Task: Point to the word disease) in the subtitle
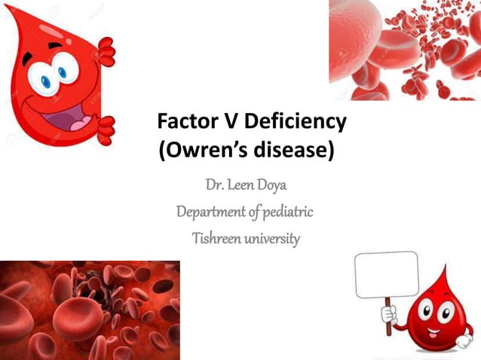click(296, 150)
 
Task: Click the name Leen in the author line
click(248, 185)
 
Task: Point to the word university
click(274, 239)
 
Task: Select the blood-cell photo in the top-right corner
click(404, 50)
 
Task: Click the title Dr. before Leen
click(216, 185)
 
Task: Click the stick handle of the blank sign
click(389, 309)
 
